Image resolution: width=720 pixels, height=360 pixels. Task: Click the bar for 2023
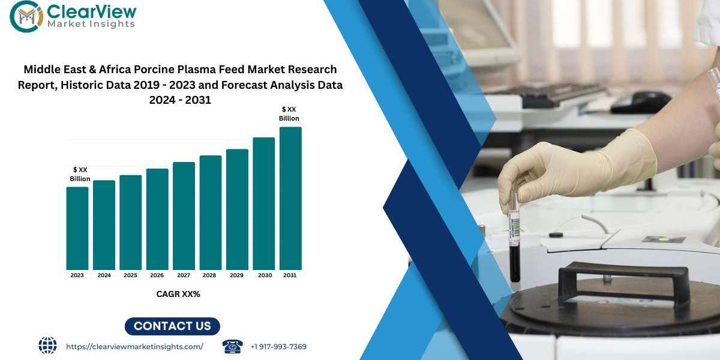(x=77, y=228)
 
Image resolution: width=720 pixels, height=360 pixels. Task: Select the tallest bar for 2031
(x=290, y=199)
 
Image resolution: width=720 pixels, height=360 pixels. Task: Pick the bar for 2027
(x=184, y=216)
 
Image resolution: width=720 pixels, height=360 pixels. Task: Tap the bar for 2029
(x=237, y=209)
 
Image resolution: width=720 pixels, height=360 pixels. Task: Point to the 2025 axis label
(x=131, y=275)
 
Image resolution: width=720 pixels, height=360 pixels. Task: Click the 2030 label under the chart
(x=265, y=275)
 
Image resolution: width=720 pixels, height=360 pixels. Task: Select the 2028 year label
(x=209, y=275)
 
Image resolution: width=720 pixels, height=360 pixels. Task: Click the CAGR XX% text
(x=178, y=294)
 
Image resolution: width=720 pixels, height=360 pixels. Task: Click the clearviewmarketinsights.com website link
(x=134, y=347)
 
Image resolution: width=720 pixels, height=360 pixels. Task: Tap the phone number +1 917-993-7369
(x=278, y=347)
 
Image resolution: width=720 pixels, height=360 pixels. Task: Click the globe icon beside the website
(x=47, y=346)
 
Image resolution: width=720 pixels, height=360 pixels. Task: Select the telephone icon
(x=232, y=346)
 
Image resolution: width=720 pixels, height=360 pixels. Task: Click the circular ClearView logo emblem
(x=26, y=16)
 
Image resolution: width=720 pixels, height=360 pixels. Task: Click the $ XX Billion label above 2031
(x=289, y=114)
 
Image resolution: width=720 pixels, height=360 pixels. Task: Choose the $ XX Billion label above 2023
(x=80, y=174)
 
